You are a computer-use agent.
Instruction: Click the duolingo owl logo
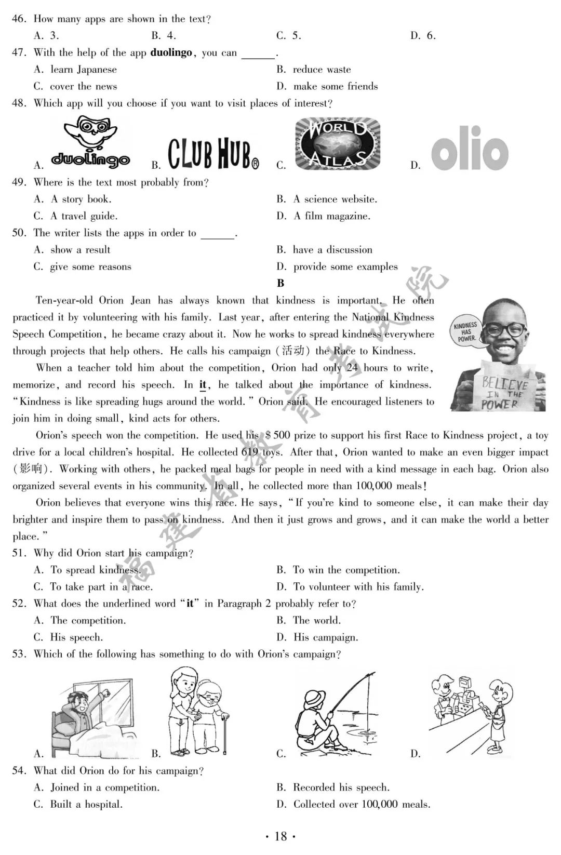point(90,142)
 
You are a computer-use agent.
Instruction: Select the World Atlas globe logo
point(338,144)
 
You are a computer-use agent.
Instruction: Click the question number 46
point(19,19)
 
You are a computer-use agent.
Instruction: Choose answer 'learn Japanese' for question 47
point(83,70)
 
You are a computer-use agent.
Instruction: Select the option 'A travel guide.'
point(84,216)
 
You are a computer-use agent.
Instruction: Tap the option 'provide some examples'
point(345,267)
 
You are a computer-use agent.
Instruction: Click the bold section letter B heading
point(280,284)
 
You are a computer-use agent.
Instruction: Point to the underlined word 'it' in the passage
point(203,385)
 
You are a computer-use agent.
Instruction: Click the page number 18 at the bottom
point(280,836)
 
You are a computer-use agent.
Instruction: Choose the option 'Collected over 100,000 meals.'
point(362,805)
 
